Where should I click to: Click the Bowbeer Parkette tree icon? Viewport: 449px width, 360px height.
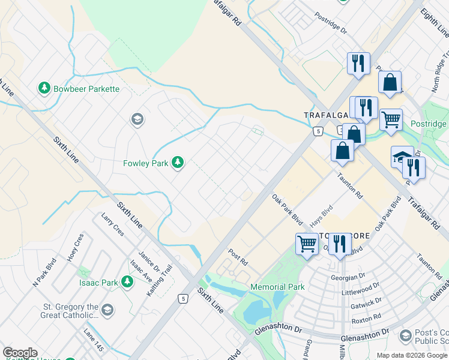click(44, 89)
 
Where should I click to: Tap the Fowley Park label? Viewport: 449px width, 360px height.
click(145, 163)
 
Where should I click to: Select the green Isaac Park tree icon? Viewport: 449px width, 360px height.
click(127, 281)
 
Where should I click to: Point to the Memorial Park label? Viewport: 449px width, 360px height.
click(277, 287)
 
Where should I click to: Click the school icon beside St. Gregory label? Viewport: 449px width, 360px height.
click(107, 310)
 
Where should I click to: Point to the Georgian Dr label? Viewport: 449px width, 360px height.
click(348, 277)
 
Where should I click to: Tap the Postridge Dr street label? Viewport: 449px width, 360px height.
click(331, 25)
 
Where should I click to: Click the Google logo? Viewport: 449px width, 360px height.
click(20, 353)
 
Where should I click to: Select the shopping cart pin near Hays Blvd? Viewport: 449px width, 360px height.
click(307, 244)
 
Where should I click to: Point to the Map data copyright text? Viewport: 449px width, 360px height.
click(411, 355)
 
